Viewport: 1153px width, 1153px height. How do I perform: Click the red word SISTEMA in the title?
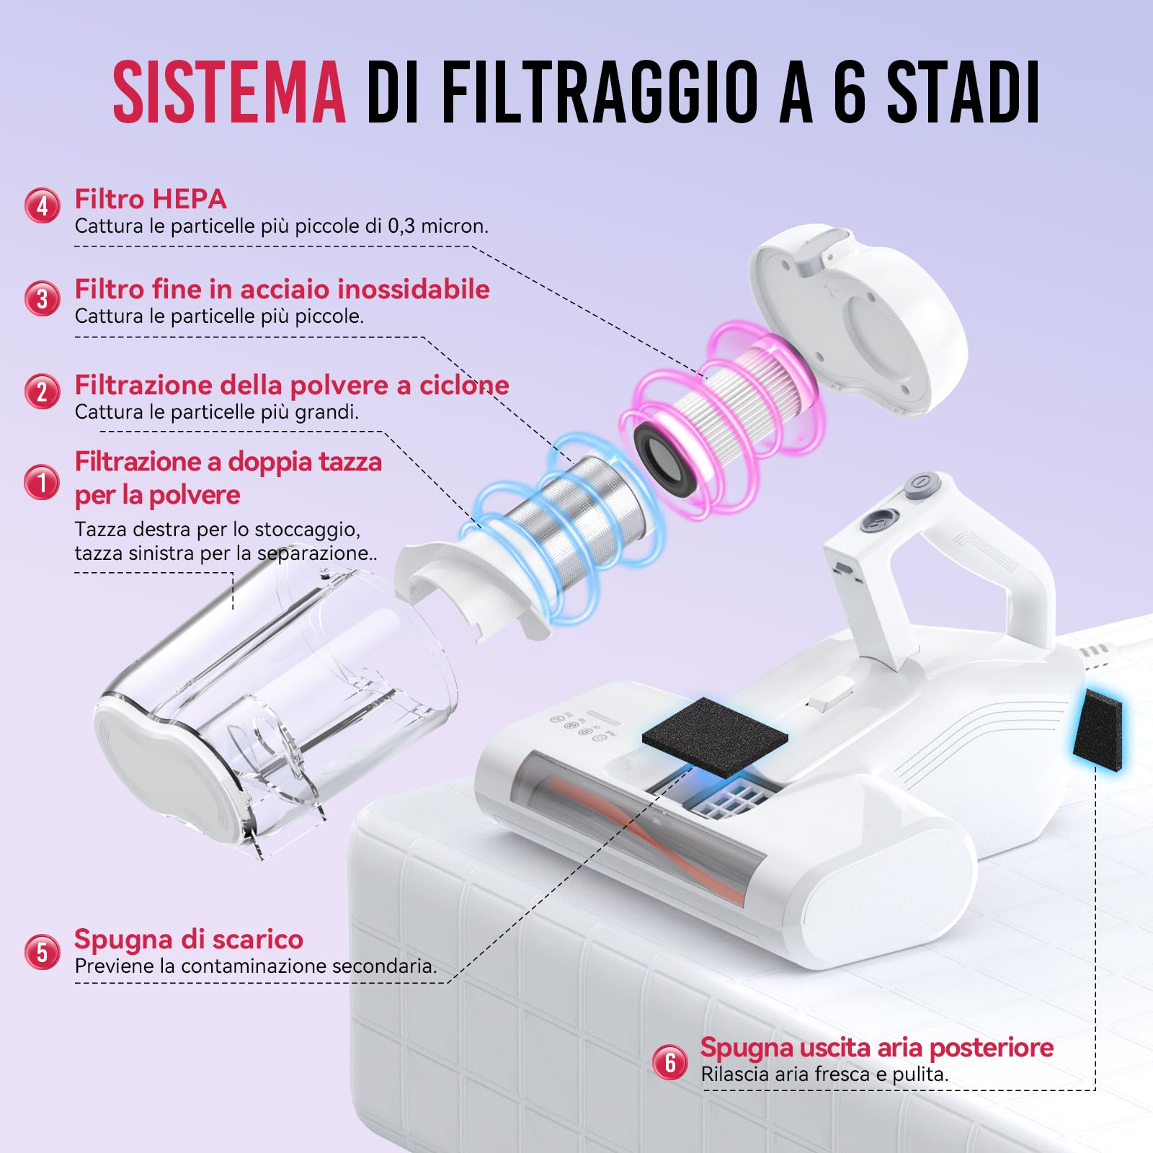click(229, 92)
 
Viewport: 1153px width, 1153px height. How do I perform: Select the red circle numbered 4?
click(43, 206)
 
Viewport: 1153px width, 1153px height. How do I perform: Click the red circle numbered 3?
click(43, 298)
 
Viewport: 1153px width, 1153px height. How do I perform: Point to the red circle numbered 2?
click(43, 391)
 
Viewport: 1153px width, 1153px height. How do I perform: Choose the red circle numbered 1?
click(43, 481)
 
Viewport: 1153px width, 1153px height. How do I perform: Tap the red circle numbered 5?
click(43, 952)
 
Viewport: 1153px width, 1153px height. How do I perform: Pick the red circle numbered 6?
click(670, 1061)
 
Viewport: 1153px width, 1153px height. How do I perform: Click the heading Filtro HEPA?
click(151, 199)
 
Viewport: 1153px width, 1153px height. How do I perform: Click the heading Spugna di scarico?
click(189, 939)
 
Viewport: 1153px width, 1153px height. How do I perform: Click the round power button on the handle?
click(920, 481)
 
